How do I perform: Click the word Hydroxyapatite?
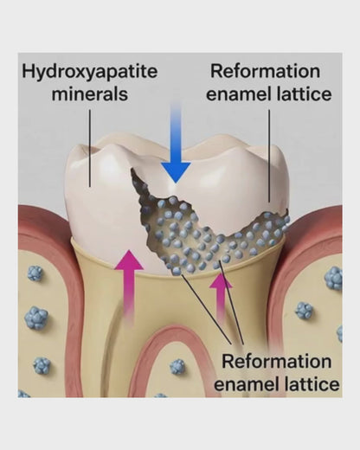coord(90,72)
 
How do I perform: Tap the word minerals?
coord(90,94)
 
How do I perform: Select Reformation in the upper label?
coord(265,71)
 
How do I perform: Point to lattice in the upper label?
coord(302,94)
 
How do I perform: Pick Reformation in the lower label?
coord(277,361)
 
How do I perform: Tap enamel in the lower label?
coord(246,384)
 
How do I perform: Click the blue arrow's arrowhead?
coord(176,172)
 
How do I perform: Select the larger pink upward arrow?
coord(129,288)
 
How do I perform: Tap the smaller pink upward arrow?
coord(221,297)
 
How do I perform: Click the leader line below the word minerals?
coord(90,148)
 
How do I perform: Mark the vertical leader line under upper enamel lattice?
coord(269,156)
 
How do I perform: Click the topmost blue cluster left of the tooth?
coord(35,273)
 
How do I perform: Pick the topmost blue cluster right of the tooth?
coord(334,279)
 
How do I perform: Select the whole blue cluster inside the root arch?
coord(177,367)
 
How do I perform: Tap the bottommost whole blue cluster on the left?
coord(42,365)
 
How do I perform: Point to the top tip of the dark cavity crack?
coord(132,170)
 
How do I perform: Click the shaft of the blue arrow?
coord(176,132)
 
